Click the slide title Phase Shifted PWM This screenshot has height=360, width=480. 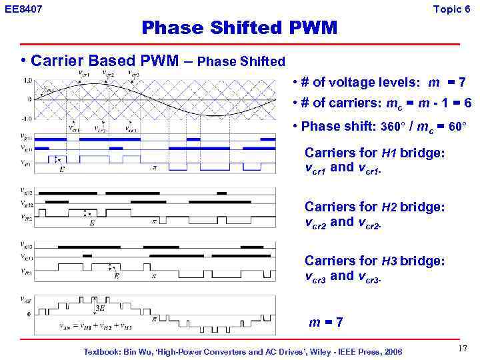pyautogui.click(x=239, y=28)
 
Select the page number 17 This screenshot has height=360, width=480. pyautogui.click(x=462, y=349)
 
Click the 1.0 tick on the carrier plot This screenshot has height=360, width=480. pyautogui.click(x=27, y=80)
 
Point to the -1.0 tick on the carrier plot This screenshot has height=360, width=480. pyautogui.click(x=27, y=118)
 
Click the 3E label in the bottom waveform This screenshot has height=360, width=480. pyautogui.click(x=100, y=308)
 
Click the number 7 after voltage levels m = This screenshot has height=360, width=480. pyautogui.click(x=461, y=83)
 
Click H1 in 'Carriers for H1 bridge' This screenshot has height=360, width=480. pyautogui.click(x=389, y=153)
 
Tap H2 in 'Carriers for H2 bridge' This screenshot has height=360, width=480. pyautogui.click(x=390, y=207)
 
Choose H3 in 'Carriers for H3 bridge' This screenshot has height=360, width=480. pyautogui.click(x=390, y=261)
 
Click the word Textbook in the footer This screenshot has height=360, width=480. pyautogui.click(x=101, y=351)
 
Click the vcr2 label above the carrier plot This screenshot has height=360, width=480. pyautogui.click(x=107, y=73)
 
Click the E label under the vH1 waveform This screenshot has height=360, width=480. pyautogui.click(x=62, y=169)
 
